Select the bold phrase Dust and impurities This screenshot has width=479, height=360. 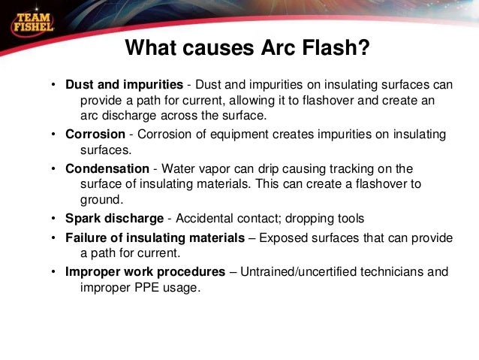click(x=124, y=84)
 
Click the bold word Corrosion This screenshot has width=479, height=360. click(x=95, y=135)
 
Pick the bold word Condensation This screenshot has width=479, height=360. click(x=107, y=168)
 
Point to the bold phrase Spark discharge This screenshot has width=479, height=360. click(x=114, y=219)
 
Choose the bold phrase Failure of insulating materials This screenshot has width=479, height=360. click(x=155, y=237)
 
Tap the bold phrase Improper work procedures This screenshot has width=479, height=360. click(x=145, y=271)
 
